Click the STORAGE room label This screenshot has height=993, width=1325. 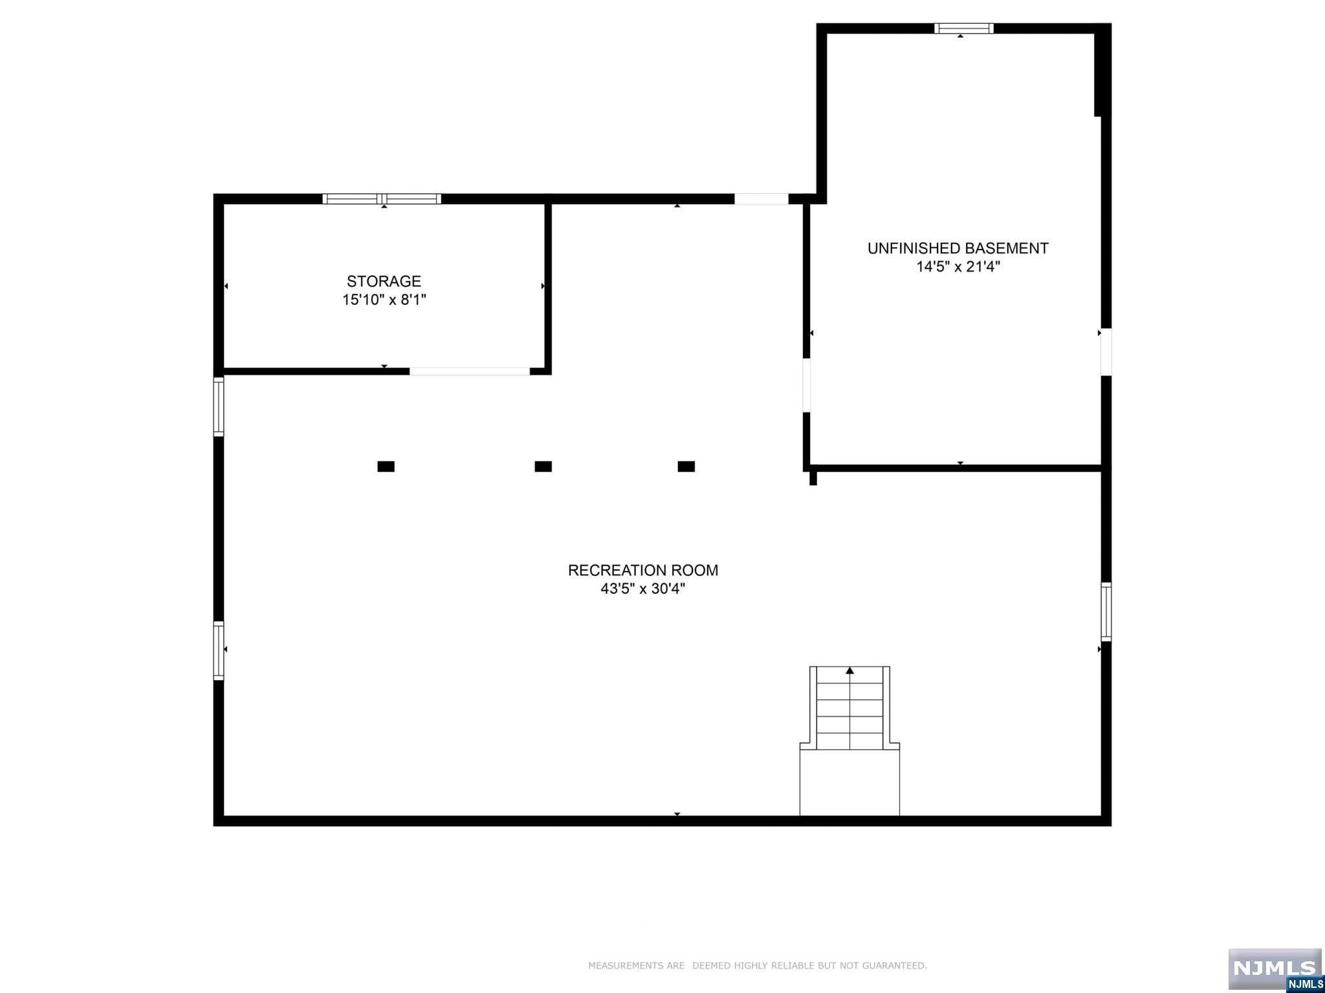(x=384, y=281)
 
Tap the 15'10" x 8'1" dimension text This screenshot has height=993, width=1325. (x=384, y=300)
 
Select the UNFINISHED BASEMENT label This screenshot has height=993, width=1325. (x=958, y=248)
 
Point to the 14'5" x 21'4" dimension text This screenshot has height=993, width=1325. (x=958, y=266)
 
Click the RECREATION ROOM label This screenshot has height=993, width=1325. (x=642, y=570)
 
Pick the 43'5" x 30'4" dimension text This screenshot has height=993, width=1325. (x=642, y=589)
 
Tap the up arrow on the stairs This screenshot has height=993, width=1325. (x=849, y=671)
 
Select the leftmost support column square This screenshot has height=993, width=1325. (x=386, y=466)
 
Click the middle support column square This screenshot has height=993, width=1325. (x=543, y=466)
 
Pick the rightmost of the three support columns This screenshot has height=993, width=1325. (x=686, y=466)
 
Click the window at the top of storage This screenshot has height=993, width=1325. (x=382, y=199)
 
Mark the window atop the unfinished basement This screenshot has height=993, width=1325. (x=963, y=28)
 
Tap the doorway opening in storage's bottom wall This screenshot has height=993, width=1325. (x=470, y=371)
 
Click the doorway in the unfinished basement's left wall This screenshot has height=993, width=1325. (x=807, y=385)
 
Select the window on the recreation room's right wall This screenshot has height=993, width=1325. (x=1106, y=612)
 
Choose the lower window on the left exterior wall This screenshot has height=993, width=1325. (x=219, y=650)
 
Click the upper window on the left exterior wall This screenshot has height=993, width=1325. (x=219, y=407)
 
